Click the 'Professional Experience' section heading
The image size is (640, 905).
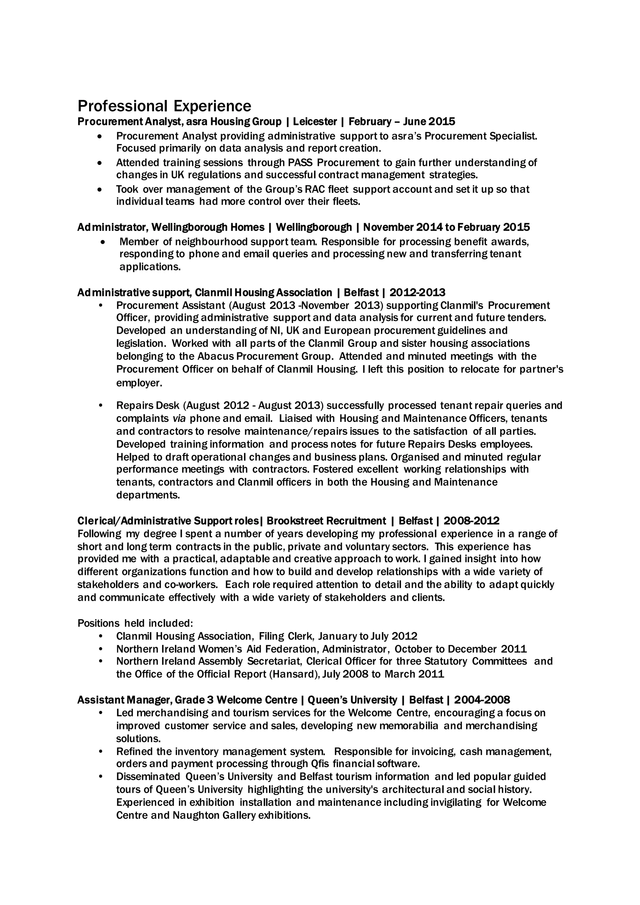(x=164, y=106)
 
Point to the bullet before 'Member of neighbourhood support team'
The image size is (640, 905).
(x=103, y=242)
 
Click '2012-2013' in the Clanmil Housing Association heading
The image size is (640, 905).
(x=417, y=292)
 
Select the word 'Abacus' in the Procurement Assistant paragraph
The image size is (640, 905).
(x=216, y=356)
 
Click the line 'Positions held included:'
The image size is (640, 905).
(x=135, y=623)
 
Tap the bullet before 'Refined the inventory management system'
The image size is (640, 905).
(x=101, y=752)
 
